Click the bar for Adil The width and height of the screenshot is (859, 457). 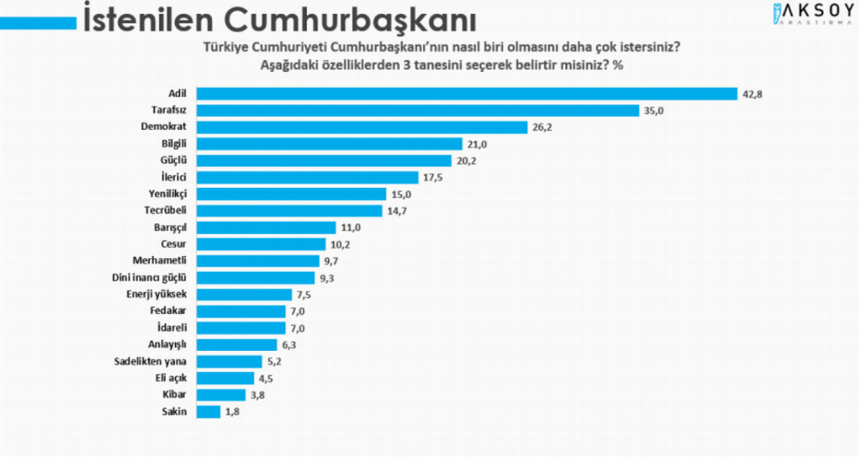466,94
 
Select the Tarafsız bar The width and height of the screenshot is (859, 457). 417,111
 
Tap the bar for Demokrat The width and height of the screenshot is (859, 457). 362,127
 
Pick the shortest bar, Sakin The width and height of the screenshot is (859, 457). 209,412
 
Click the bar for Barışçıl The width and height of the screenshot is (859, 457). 266,228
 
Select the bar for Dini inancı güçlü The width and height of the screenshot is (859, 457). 256,278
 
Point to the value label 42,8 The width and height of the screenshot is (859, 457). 752,94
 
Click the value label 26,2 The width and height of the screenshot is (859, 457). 542,127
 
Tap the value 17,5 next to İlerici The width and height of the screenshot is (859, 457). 433,178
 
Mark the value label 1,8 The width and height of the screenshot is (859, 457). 232,412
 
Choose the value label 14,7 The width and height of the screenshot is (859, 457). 397,211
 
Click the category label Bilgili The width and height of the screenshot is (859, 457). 174,144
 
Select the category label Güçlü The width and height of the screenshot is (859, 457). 173,160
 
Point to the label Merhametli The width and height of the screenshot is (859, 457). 160,261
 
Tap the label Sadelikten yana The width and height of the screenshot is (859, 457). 150,362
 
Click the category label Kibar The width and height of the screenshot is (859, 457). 174,395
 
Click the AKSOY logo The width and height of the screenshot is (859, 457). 814,14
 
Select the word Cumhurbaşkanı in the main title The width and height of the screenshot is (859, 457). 350,20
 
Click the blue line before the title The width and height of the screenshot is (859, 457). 38,23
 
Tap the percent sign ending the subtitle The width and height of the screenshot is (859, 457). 618,65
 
